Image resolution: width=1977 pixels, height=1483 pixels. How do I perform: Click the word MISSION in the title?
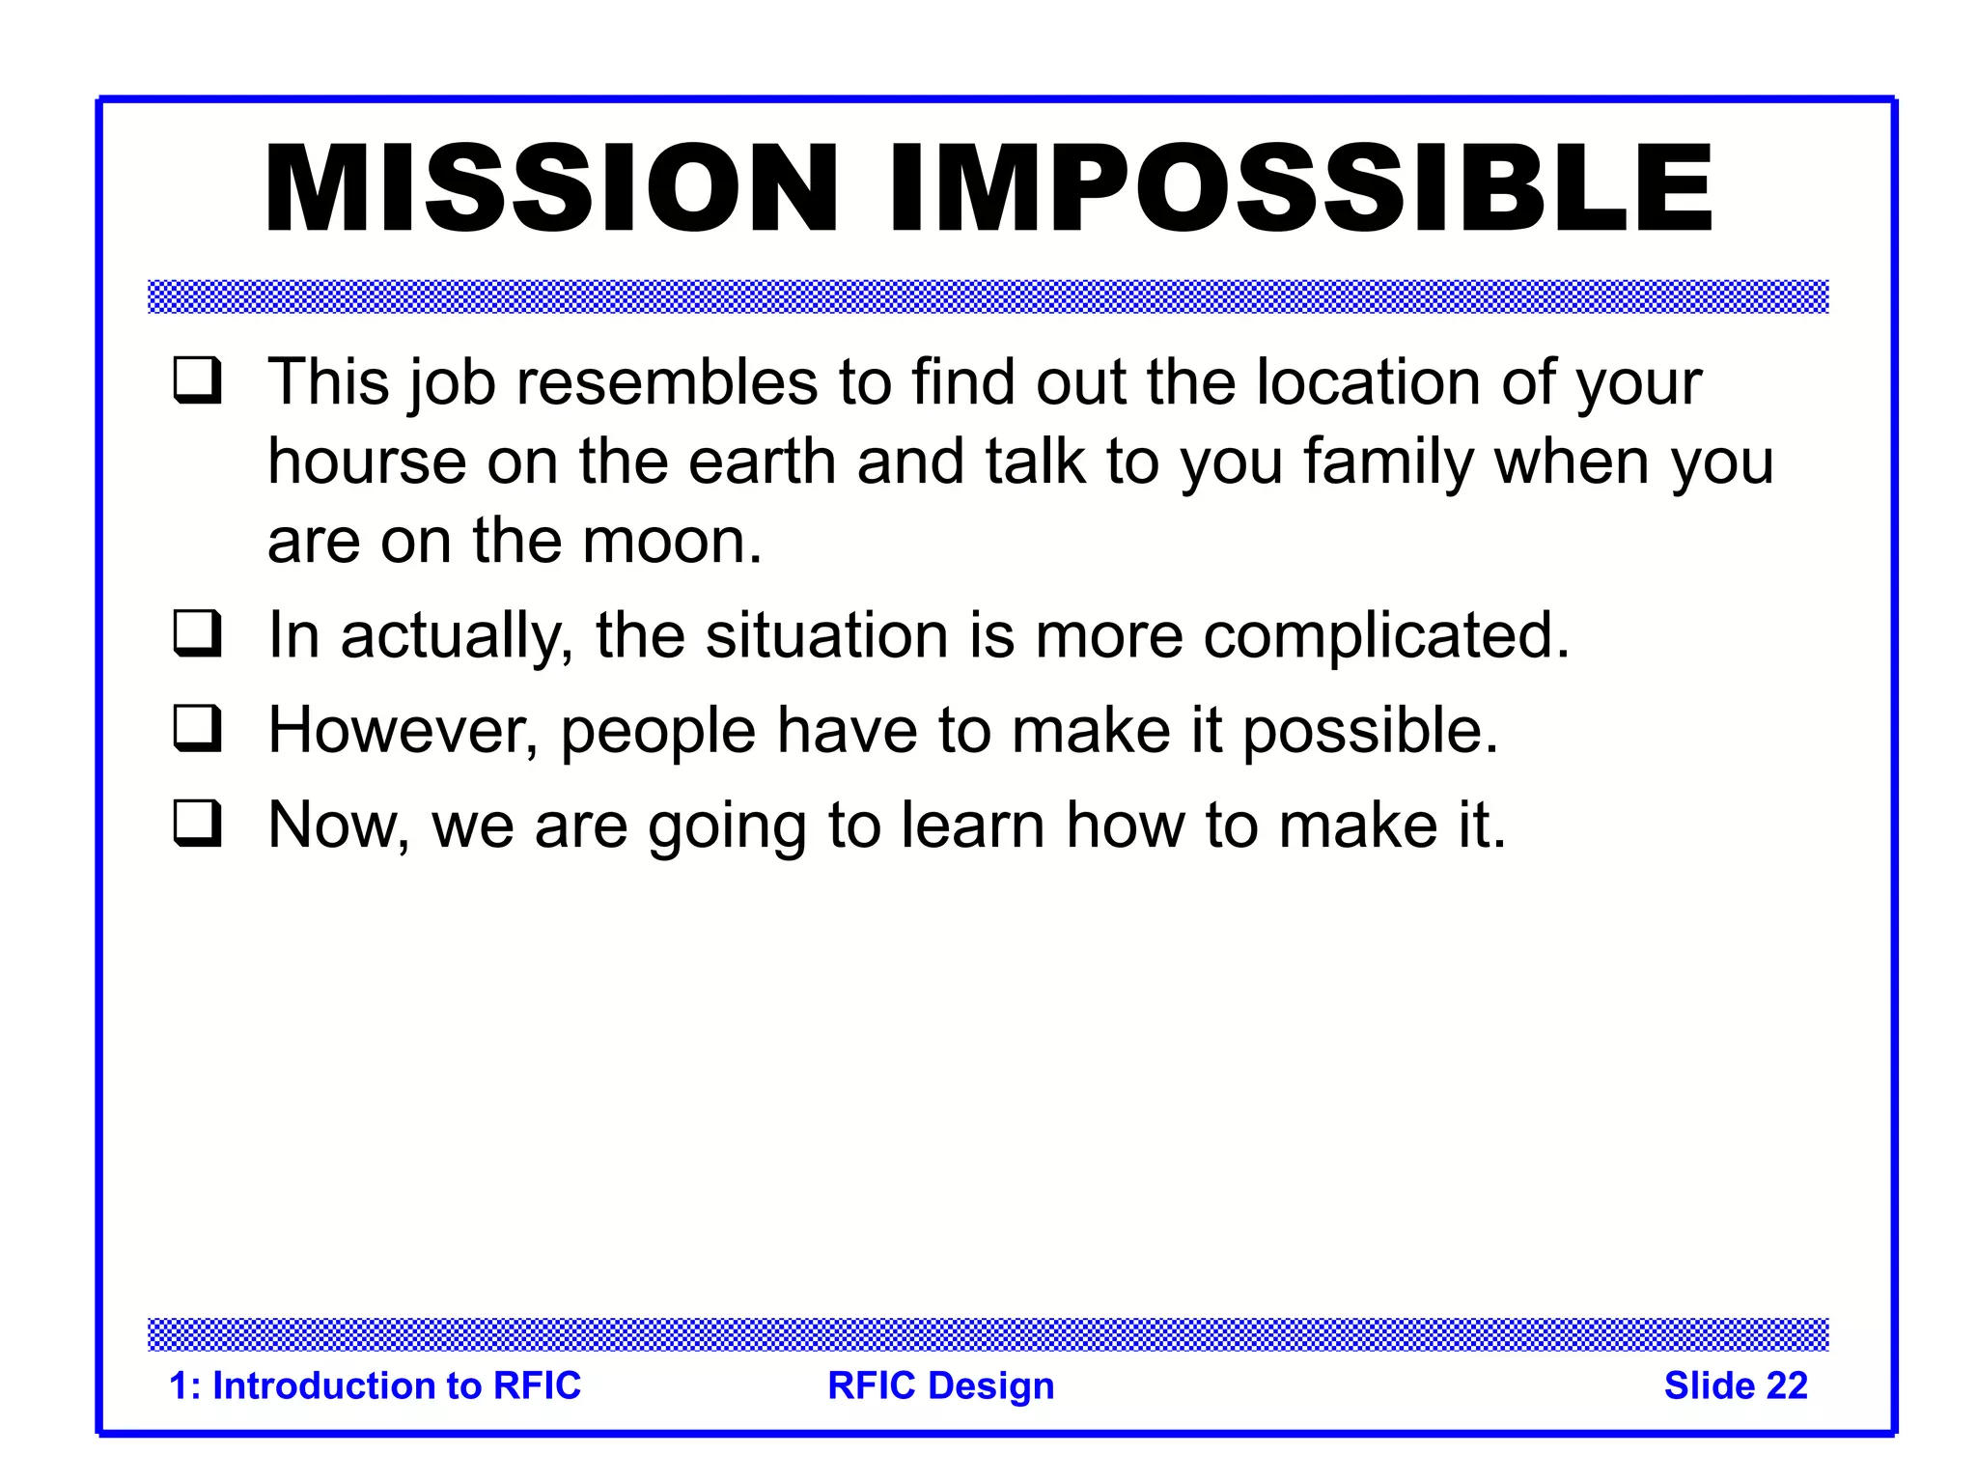[551, 189]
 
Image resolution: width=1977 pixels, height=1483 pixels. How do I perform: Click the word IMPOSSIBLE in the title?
[1300, 189]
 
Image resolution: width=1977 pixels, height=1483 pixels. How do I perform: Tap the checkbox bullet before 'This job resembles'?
[198, 380]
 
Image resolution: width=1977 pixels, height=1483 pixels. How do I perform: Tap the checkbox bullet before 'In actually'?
[198, 633]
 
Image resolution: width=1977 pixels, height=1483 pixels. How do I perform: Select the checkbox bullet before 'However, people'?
[198, 728]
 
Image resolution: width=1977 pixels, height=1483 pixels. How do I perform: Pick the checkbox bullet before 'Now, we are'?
[198, 824]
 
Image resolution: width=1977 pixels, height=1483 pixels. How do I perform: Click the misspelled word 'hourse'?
[367, 462]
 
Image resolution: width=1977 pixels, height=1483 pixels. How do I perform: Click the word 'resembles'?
[667, 382]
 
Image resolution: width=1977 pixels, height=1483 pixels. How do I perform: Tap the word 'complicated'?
[1377, 637]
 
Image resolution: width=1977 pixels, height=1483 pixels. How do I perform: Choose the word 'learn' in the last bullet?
[972, 825]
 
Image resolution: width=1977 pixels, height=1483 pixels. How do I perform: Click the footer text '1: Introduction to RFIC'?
[375, 1385]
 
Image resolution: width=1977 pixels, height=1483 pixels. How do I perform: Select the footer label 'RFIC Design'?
[940, 1385]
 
